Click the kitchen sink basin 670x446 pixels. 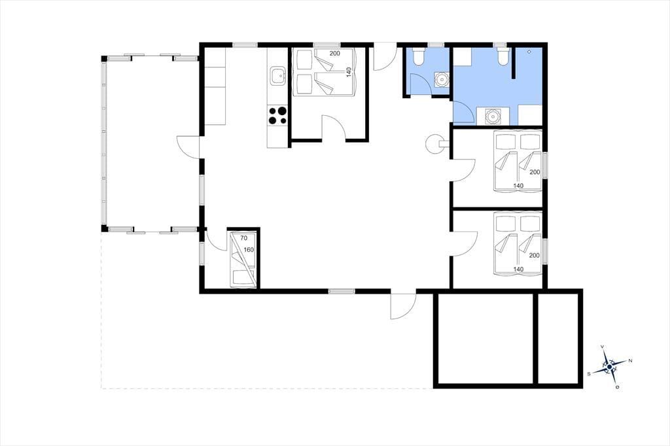pyautogui.click(x=277, y=76)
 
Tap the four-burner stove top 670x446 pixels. pyautogui.click(x=277, y=115)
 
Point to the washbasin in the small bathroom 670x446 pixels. pyautogui.click(x=441, y=79)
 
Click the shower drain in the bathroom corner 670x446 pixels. pyautogui.click(x=529, y=52)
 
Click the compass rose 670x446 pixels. pyautogui.click(x=609, y=366)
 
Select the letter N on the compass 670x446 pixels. pyautogui.click(x=630, y=361)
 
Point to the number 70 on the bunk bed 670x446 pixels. pyautogui.click(x=244, y=238)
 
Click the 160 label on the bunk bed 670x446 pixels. pyautogui.click(x=249, y=250)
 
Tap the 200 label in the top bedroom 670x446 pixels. pyautogui.click(x=334, y=54)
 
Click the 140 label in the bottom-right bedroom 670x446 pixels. pyautogui.click(x=518, y=269)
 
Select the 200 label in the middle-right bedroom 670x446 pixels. pyautogui.click(x=535, y=172)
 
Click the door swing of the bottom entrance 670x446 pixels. pyautogui.click(x=403, y=306)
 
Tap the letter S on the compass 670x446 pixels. pyautogui.click(x=589, y=374)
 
